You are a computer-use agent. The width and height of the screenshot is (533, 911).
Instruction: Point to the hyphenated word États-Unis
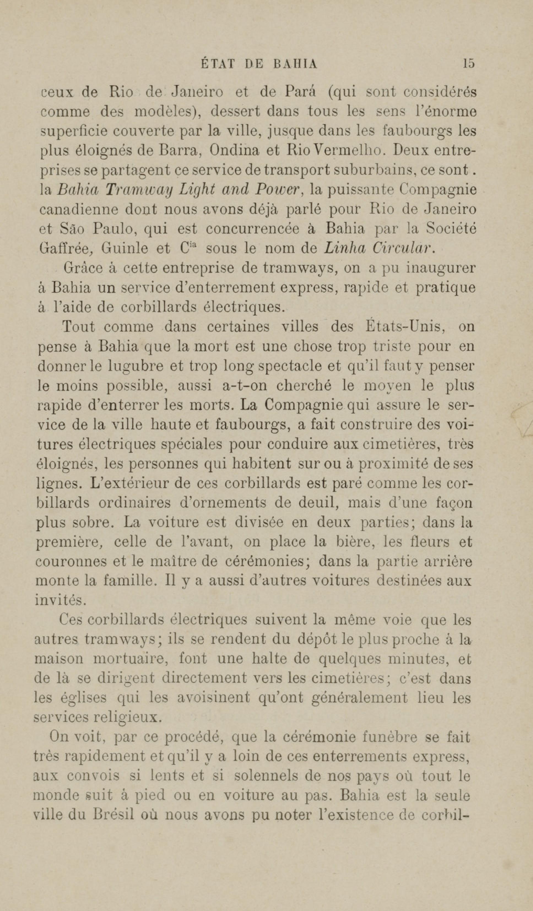pos(402,326)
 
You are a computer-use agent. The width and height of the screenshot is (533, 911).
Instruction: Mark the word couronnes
pos(71,561)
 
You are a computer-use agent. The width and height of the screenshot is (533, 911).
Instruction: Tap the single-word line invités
pos(60,601)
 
